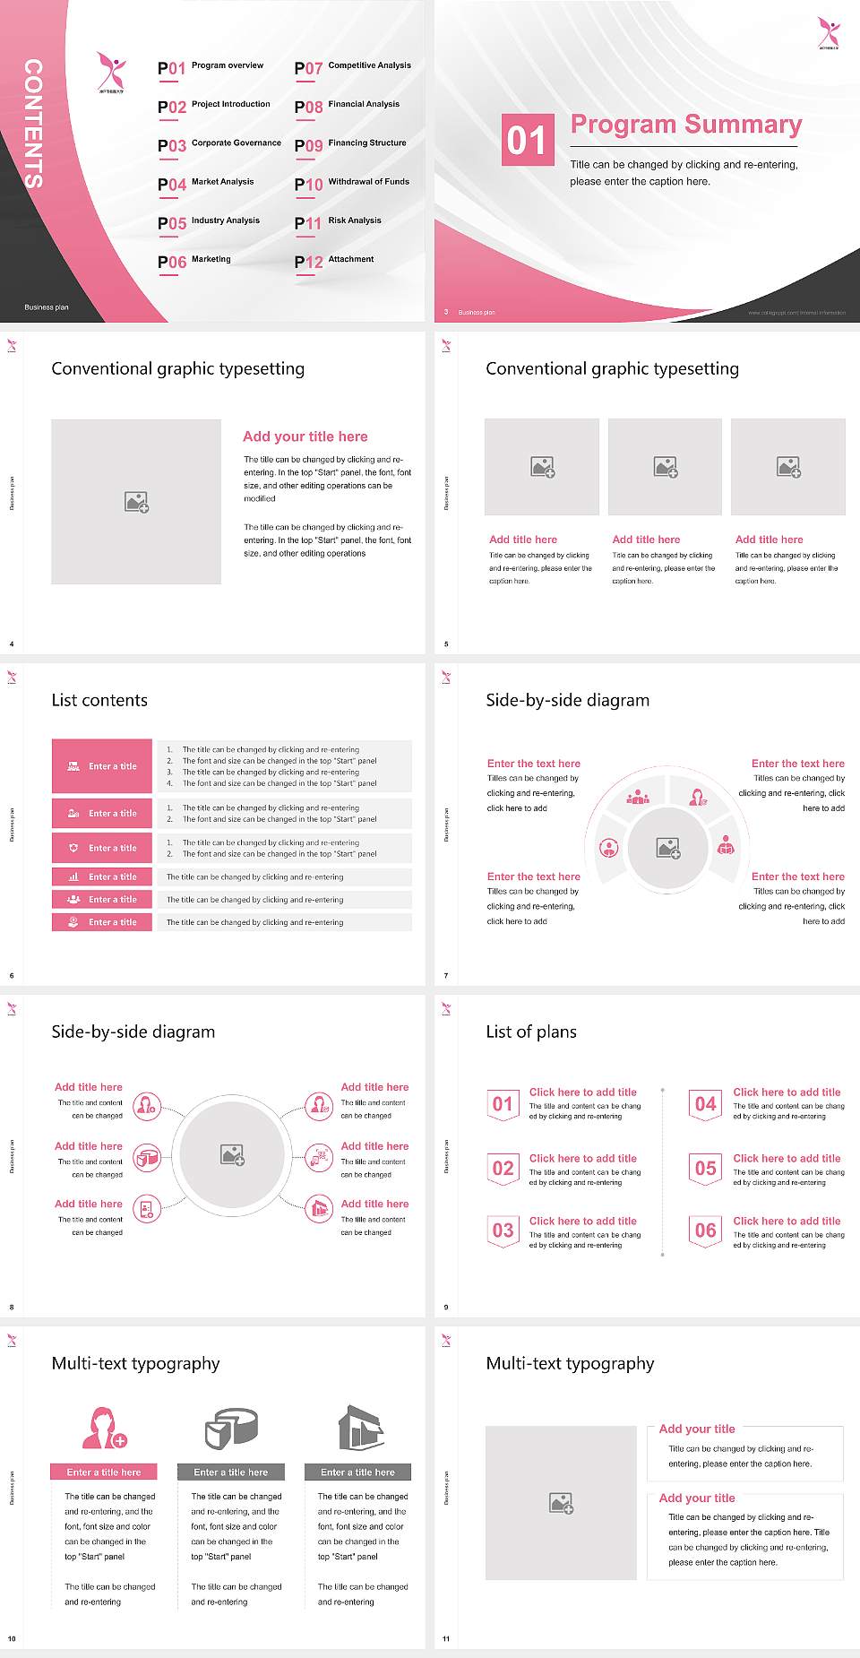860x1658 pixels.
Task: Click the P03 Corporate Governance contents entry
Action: pos(219,144)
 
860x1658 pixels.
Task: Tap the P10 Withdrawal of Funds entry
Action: pos(352,183)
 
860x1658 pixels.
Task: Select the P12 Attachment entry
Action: pos(335,261)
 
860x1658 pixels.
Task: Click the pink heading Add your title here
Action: pos(305,436)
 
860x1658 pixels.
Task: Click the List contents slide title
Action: pos(99,700)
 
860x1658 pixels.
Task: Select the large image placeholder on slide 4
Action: pos(136,501)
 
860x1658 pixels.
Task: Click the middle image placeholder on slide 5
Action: pos(665,467)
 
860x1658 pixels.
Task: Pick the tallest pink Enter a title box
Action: pos(102,765)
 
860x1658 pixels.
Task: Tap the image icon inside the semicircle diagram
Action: pos(667,847)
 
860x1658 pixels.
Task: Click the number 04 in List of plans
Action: pos(706,1104)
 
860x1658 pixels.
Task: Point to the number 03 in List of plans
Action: pos(503,1231)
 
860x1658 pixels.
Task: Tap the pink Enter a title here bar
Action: pos(103,1472)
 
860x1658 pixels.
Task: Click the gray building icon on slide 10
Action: pos(360,1428)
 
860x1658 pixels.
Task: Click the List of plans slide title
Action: pos(531,1032)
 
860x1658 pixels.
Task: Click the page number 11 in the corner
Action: pos(446,1639)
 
